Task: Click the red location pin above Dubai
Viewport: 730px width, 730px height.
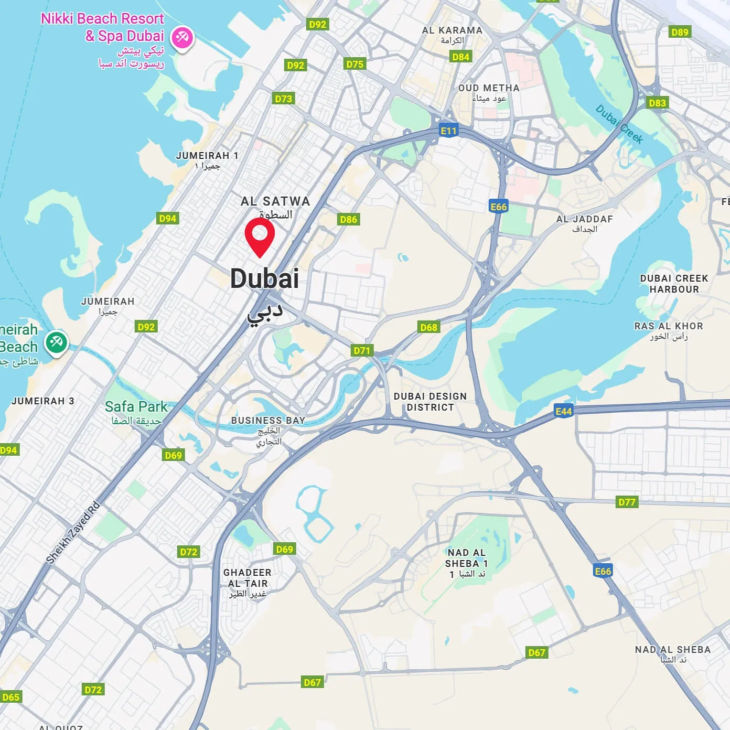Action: [x=260, y=235]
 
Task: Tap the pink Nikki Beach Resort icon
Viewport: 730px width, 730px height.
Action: [x=182, y=38]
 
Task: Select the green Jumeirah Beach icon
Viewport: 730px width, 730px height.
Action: [x=56, y=342]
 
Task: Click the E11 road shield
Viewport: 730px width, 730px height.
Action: [x=448, y=131]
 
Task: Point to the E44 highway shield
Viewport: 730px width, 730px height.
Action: [x=563, y=411]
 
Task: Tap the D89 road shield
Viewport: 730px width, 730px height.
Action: [x=680, y=32]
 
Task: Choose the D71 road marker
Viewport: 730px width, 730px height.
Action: [x=362, y=350]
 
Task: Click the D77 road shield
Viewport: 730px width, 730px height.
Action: [x=627, y=502]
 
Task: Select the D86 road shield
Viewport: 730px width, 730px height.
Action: [x=348, y=219]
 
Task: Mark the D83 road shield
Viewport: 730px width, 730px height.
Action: [x=657, y=103]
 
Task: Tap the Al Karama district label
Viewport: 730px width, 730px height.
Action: [x=452, y=35]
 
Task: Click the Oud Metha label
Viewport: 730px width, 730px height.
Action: [x=489, y=93]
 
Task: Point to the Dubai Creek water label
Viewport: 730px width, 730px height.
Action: [x=619, y=124]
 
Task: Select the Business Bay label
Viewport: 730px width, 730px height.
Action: [x=268, y=430]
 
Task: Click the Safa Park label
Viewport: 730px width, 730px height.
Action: [x=136, y=412]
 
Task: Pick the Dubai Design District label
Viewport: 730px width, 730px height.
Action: [x=430, y=402]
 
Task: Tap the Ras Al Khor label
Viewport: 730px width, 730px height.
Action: [x=669, y=331]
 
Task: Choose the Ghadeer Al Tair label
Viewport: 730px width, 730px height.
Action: [x=248, y=583]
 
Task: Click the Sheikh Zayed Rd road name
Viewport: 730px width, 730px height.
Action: [x=73, y=533]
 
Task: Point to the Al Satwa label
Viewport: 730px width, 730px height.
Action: [x=275, y=207]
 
